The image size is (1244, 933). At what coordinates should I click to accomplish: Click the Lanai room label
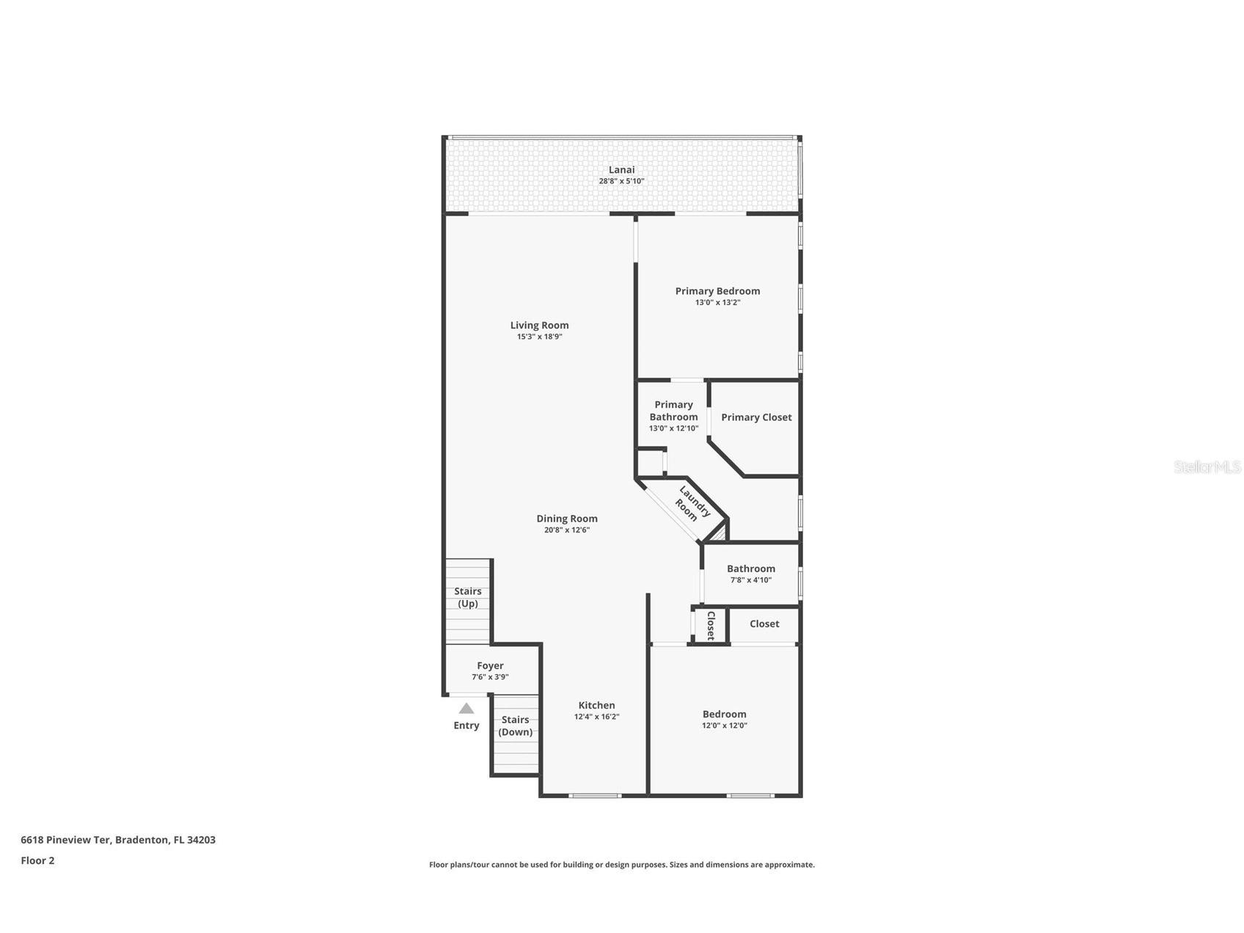(621, 169)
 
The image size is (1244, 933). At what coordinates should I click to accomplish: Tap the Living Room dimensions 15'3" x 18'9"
(539, 337)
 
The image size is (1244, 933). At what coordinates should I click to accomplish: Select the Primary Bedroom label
(717, 291)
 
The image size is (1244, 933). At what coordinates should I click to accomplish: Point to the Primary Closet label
(756, 417)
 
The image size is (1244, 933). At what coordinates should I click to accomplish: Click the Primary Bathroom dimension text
(673, 428)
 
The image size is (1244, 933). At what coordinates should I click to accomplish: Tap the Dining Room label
(566, 519)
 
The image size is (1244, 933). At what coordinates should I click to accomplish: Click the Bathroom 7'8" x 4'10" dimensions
(750, 580)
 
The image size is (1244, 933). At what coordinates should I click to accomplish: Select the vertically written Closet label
(710, 626)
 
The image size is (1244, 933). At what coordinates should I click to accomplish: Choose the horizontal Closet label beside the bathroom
(764, 623)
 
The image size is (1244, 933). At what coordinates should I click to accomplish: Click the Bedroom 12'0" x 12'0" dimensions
(724, 725)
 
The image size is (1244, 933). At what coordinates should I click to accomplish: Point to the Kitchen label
(596, 706)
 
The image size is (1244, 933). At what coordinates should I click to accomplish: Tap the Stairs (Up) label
(468, 597)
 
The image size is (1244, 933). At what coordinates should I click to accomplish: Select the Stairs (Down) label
(515, 725)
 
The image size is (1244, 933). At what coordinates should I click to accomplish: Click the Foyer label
(490, 666)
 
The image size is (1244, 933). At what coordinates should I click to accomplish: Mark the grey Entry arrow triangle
(466, 709)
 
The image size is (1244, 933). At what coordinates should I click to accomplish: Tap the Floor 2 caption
(37, 860)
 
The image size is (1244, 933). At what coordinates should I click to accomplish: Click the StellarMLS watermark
(1207, 466)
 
